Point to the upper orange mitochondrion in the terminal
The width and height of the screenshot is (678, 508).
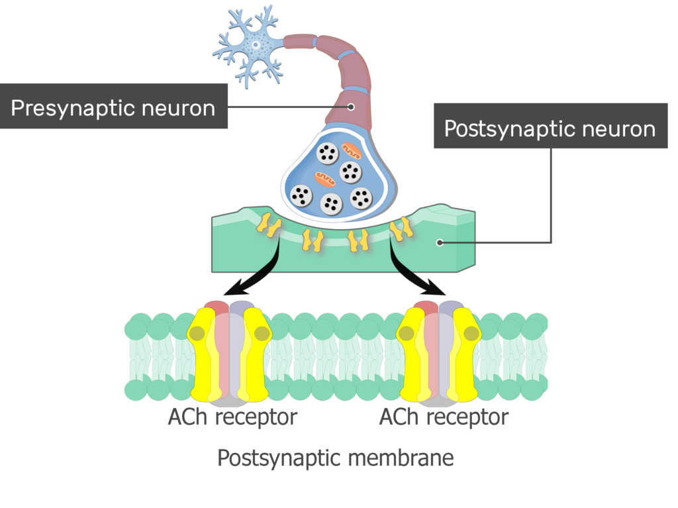[x=352, y=152]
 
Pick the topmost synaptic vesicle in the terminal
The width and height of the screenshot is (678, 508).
[x=327, y=153]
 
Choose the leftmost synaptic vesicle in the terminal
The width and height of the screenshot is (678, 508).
[x=301, y=195]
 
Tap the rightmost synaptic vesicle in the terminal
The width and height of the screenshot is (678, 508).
[x=360, y=197]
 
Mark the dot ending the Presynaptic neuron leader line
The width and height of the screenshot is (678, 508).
[x=351, y=107]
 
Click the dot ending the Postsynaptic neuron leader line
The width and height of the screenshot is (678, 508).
[x=440, y=242]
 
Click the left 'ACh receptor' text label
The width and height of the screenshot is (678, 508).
[x=232, y=417]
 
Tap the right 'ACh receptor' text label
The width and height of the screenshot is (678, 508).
[x=444, y=417]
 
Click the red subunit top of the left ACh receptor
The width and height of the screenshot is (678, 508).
[x=217, y=308]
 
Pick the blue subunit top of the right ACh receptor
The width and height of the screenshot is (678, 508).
[x=452, y=308]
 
